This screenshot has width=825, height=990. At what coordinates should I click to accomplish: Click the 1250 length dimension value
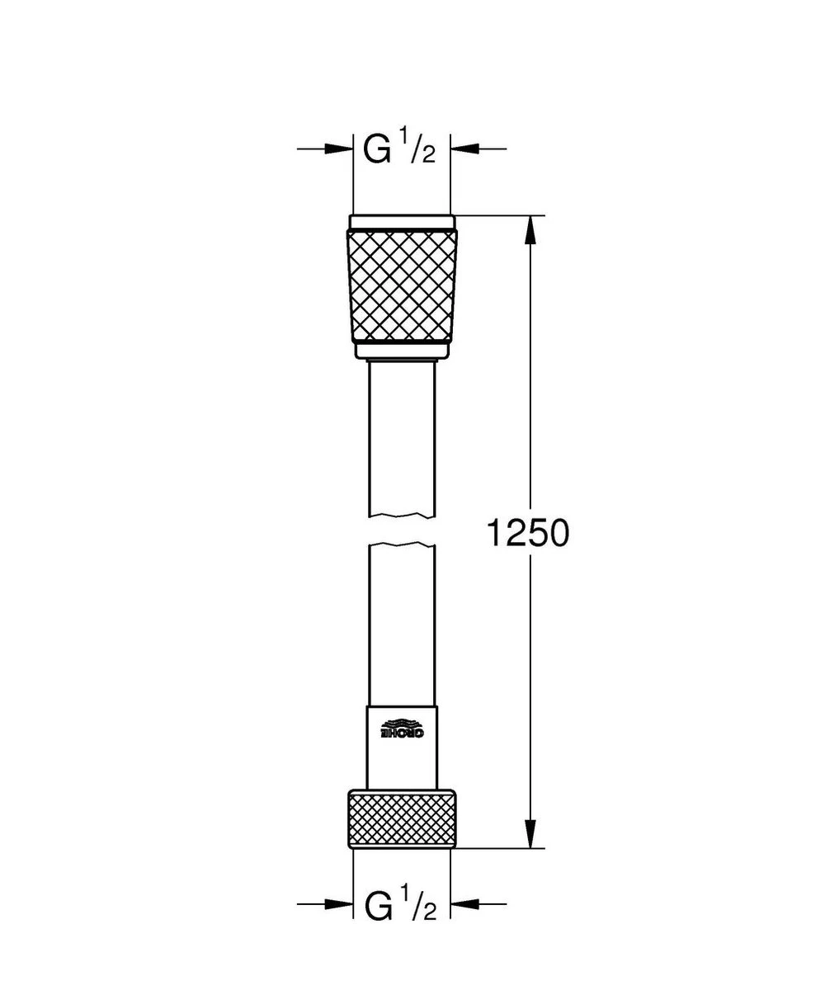point(527,535)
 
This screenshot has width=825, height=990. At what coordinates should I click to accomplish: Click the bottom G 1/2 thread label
point(400,905)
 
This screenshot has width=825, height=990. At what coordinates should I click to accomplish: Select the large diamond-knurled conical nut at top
point(402,285)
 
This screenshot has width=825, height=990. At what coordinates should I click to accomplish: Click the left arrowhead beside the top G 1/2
point(339,148)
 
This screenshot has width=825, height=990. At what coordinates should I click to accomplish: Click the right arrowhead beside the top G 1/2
point(464,148)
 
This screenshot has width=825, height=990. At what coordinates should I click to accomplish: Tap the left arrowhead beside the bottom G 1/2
point(339,905)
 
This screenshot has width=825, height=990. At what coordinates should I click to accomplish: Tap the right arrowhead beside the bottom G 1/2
point(464,905)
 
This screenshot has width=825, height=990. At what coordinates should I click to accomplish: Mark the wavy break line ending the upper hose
point(402,516)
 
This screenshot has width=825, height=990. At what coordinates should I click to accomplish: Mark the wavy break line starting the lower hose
point(402,545)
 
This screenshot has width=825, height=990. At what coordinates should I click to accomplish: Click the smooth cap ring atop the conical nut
point(402,222)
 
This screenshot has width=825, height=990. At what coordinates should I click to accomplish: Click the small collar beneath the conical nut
point(402,351)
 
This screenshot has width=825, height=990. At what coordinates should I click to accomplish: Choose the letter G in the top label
point(377,150)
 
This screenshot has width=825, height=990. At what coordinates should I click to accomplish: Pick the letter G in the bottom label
point(377,906)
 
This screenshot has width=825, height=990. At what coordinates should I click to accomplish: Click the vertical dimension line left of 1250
point(530,371)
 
